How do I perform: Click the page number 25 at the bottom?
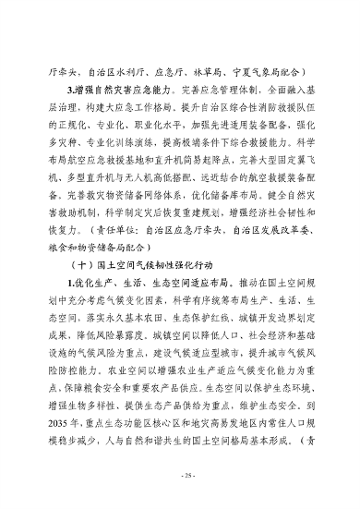point(180,474)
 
